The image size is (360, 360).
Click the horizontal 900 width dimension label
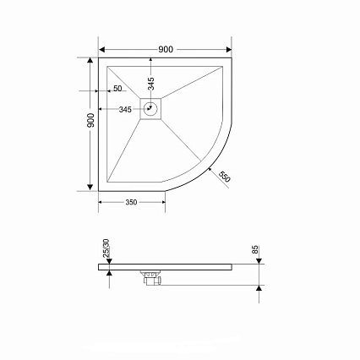tap(166, 50)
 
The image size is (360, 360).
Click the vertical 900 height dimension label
tap(90, 120)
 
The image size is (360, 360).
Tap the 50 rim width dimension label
tap(117, 89)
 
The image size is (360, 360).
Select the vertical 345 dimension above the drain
tap(151, 84)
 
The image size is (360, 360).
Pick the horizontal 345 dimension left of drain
tap(125, 109)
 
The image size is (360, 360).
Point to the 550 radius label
tap(225, 177)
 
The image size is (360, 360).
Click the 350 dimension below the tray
tap(131, 202)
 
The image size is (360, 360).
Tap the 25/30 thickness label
tap(106, 248)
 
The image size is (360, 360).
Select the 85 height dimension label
tap(255, 249)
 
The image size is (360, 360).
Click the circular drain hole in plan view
tap(150, 109)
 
